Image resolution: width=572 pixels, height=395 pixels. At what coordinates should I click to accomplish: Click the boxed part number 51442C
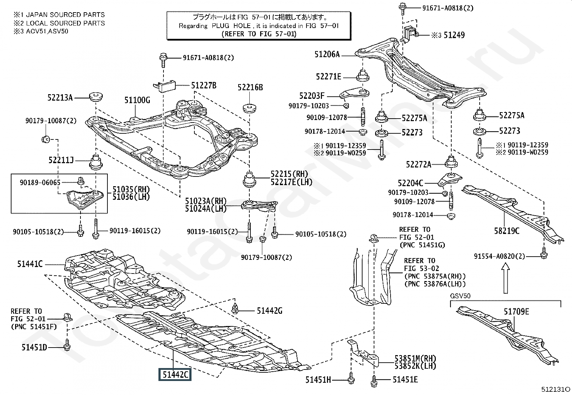175,375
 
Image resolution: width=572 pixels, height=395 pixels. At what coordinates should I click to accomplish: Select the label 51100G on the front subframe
137,100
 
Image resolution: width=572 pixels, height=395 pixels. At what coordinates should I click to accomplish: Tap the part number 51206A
327,55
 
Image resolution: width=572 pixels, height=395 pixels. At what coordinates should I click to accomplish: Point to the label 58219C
507,231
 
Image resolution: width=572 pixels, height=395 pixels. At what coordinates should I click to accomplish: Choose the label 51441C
30,265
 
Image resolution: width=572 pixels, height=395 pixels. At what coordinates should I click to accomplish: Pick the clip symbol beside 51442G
235,308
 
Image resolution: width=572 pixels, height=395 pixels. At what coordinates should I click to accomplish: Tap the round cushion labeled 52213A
96,97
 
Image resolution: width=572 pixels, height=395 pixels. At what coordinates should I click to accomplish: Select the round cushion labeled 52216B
250,108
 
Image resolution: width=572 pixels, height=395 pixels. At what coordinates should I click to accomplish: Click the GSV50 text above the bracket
460,296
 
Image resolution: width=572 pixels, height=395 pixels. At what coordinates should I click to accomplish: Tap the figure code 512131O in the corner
556,389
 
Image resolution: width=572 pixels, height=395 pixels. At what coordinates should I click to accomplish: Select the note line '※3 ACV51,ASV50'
41,31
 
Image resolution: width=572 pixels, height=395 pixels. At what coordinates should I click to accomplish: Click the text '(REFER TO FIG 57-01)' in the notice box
259,34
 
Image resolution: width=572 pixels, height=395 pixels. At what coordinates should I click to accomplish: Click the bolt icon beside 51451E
374,379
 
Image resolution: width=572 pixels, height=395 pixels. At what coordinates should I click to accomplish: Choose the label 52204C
411,183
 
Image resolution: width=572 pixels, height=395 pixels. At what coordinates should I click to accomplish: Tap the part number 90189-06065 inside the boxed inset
40,183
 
